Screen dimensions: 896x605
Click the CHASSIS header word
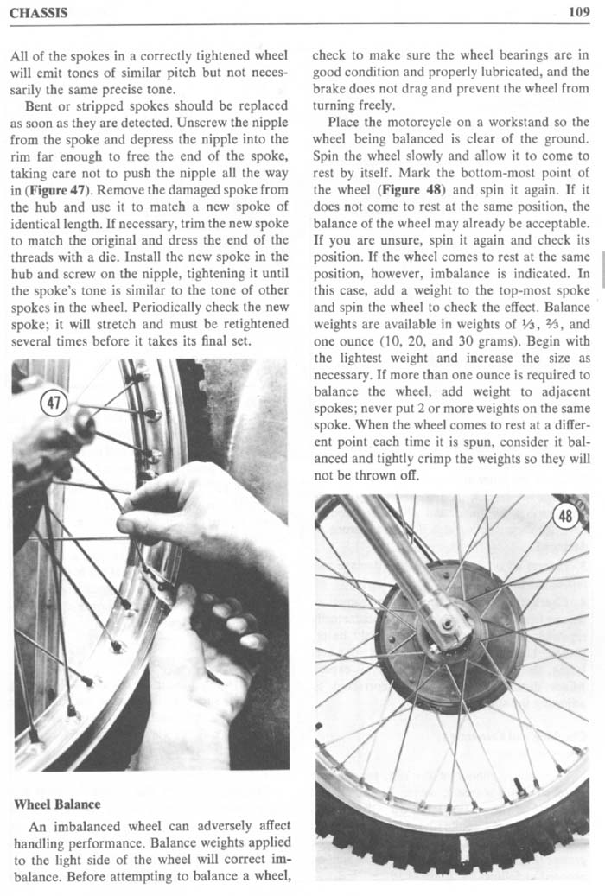tap(39, 13)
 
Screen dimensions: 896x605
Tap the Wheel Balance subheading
tap(57, 804)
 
